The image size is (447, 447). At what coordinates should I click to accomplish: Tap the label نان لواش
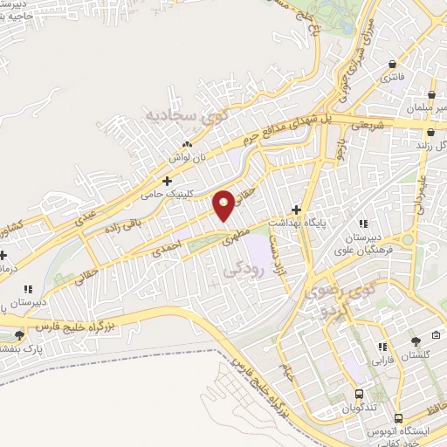(x=185, y=158)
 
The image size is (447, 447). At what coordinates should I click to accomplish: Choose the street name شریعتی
(x=367, y=126)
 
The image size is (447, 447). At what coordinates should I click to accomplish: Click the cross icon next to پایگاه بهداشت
(x=297, y=210)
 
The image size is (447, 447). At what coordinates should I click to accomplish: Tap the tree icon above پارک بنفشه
(x=21, y=335)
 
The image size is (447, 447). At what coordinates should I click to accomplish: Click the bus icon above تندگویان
(x=360, y=394)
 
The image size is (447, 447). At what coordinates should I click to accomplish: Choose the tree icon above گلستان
(x=416, y=341)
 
